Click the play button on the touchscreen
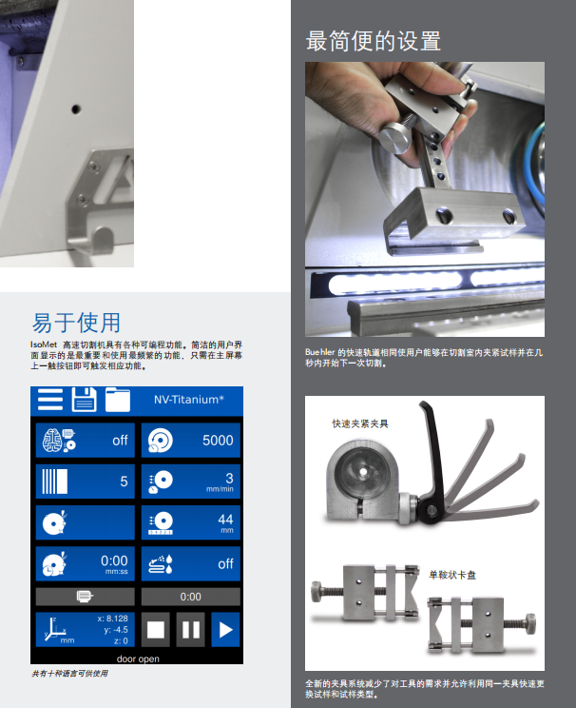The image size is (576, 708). click(x=225, y=629)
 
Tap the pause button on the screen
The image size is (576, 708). click(x=190, y=629)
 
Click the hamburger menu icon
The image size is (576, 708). click(x=50, y=399)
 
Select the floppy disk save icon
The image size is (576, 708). click(x=85, y=399)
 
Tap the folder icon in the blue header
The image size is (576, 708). click(x=118, y=400)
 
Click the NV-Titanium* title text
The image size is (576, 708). click(x=189, y=400)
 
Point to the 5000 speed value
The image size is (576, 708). click(x=218, y=441)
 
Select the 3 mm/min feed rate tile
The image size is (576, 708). click(x=190, y=482)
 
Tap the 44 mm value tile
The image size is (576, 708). click(x=190, y=522)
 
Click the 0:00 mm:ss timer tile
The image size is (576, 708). click(x=86, y=563)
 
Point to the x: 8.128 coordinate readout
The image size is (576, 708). click(x=113, y=619)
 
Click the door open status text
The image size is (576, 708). click(x=138, y=659)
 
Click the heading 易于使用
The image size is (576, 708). click(x=76, y=323)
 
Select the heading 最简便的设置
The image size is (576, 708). click(x=374, y=41)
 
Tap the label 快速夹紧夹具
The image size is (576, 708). click(x=360, y=423)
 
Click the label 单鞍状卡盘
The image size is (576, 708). click(x=452, y=575)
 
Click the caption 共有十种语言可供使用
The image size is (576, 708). click(x=69, y=673)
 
